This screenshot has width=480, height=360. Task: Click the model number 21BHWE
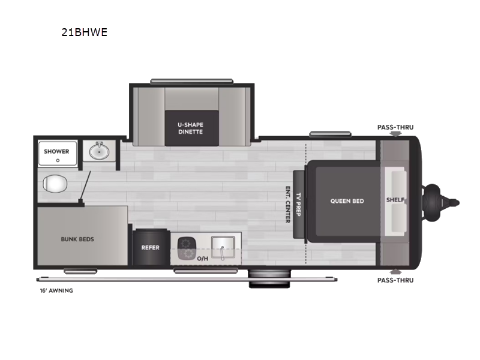84,32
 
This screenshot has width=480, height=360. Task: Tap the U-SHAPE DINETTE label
190,128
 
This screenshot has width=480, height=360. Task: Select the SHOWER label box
56,152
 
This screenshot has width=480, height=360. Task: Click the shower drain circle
58,160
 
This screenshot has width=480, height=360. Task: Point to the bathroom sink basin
99,151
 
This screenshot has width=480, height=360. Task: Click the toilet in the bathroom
55,182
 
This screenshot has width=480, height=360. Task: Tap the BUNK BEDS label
77,239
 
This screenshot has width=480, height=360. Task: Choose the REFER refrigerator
150,247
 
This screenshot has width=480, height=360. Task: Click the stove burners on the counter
187,248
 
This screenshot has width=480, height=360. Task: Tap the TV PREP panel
298,204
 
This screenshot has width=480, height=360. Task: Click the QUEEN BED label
347,201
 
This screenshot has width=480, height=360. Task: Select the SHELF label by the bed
395,200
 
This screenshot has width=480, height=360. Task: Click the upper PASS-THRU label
395,127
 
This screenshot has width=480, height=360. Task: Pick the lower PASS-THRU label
395,280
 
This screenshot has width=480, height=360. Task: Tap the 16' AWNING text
55,290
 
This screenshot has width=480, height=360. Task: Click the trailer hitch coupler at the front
441,202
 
